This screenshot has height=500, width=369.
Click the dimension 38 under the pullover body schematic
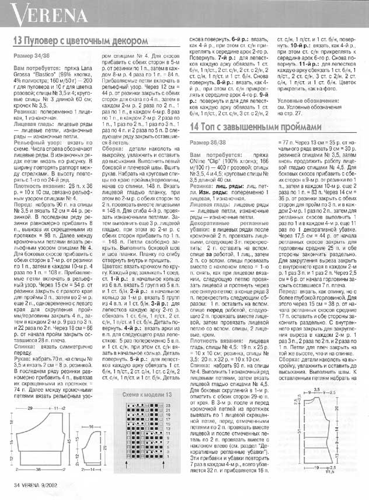[x=38, y=469]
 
